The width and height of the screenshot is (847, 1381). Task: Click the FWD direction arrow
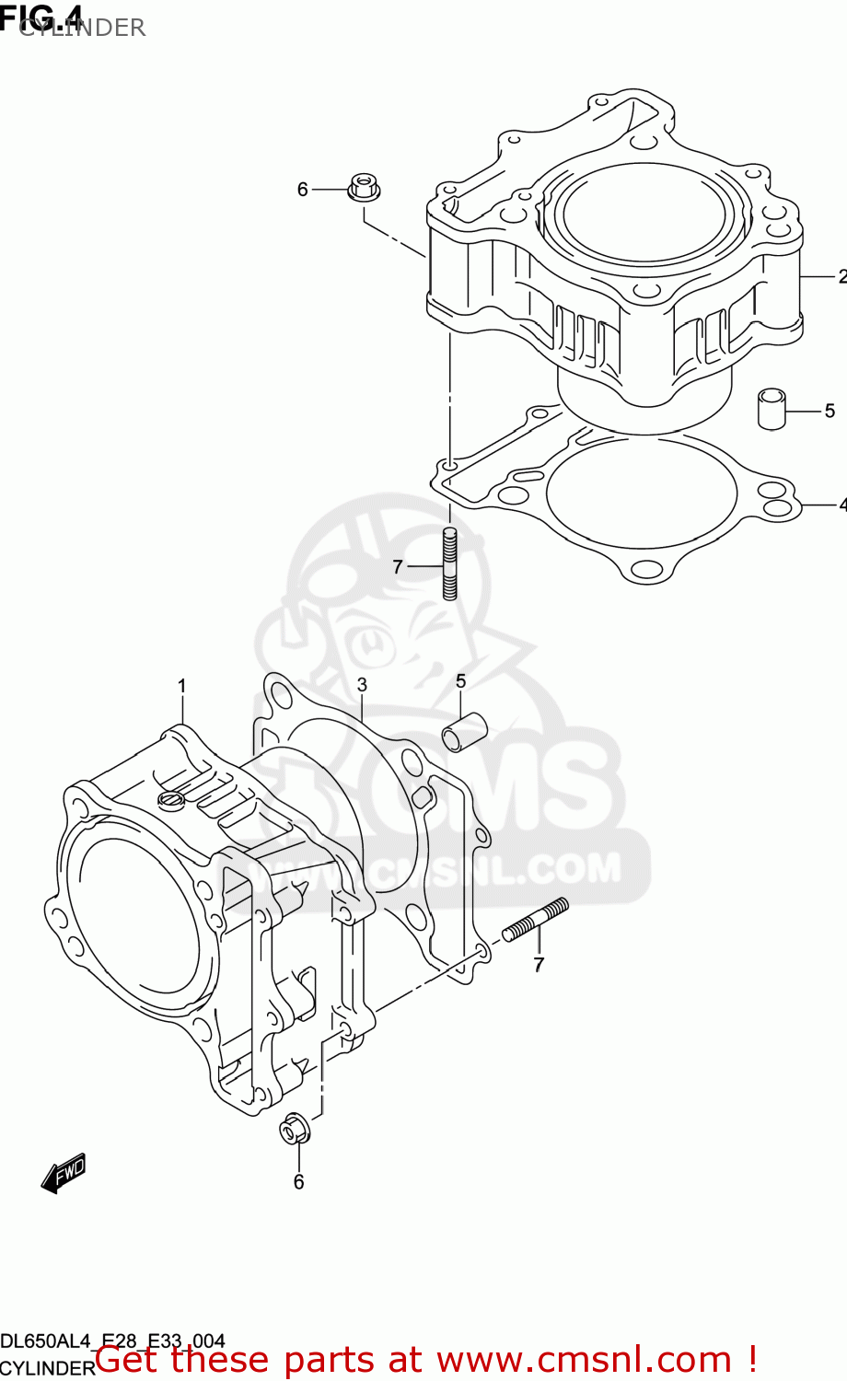click(x=64, y=1174)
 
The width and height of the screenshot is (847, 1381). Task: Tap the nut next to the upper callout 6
click(x=365, y=187)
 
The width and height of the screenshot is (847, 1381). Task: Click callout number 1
click(x=182, y=686)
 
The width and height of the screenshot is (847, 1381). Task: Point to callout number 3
click(x=362, y=685)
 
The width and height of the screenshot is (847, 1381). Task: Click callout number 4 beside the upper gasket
click(x=841, y=505)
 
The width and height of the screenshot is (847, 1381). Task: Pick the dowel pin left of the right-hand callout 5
click(x=771, y=409)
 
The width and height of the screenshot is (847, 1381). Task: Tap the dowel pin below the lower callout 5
click(x=464, y=731)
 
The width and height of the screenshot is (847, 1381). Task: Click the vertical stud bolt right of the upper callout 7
click(x=449, y=563)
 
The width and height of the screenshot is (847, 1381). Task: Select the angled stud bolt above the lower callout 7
click(x=536, y=922)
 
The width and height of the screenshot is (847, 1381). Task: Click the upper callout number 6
click(x=302, y=190)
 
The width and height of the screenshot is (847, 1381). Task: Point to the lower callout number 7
click(x=539, y=965)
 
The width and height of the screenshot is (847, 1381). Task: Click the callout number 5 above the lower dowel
click(x=460, y=681)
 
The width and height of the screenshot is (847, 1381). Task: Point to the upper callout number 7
click(x=398, y=567)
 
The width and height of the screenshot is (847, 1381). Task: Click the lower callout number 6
click(x=298, y=1182)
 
